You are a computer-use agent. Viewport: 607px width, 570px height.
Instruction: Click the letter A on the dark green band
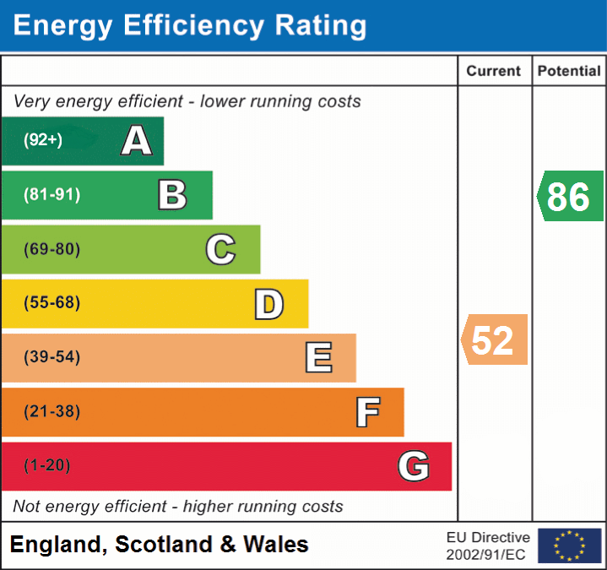[137, 141]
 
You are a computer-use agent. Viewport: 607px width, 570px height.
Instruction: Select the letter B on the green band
[172, 195]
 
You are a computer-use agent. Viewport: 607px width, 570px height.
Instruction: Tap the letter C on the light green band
[220, 249]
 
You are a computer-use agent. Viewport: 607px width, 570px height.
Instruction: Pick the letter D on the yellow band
[268, 304]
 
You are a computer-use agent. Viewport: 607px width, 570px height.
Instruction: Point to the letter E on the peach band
[318, 358]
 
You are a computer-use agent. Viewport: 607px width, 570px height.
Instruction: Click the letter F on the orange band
[367, 412]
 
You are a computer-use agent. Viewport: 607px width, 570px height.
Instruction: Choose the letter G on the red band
[414, 466]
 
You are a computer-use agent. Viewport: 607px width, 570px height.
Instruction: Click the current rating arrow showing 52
[494, 339]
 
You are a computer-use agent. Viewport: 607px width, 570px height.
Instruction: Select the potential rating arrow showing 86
[569, 197]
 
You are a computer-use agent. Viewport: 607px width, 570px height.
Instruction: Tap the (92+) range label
[43, 141]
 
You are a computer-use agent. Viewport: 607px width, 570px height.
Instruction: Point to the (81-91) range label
[52, 195]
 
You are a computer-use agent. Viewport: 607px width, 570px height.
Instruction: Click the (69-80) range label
[52, 249]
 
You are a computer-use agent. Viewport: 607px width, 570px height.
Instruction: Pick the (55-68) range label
[52, 303]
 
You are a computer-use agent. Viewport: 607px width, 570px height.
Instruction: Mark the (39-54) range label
[52, 357]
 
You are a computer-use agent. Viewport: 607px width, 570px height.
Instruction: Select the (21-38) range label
[52, 412]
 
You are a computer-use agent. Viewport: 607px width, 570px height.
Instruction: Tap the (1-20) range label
[47, 466]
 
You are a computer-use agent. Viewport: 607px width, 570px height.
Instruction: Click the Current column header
[495, 72]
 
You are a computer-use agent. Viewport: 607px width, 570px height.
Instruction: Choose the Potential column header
[569, 72]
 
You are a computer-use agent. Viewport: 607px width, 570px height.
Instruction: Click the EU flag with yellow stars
[569, 546]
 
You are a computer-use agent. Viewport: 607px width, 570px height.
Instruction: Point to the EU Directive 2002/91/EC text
[488, 546]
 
